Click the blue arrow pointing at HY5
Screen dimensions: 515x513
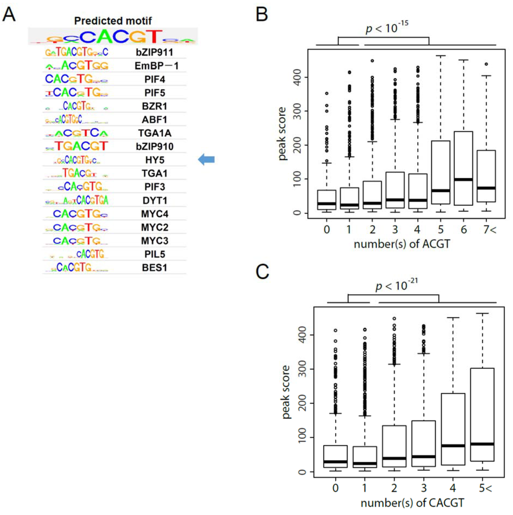coord(206,160)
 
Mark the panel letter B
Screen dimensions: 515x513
coord(263,15)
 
